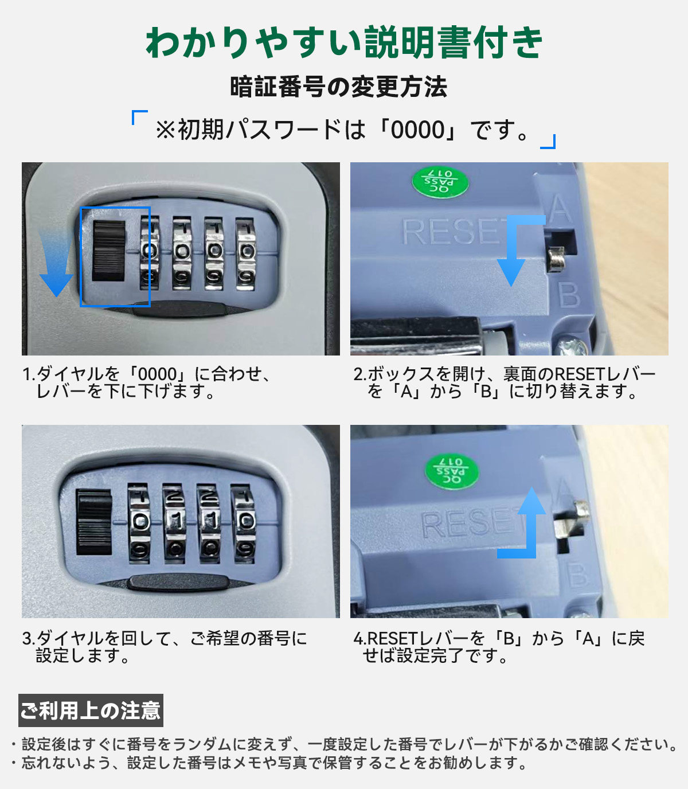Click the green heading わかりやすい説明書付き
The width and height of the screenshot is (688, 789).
(x=344, y=42)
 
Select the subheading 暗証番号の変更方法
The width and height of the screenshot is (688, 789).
(x=338, y=87)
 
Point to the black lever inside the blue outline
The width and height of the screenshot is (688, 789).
(x=109, y=251)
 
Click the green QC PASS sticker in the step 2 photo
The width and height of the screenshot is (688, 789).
(x=440, y=182)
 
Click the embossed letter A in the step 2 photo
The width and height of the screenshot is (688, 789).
(x=560, y=208)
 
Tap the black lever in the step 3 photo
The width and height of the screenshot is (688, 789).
(x=94, y=522)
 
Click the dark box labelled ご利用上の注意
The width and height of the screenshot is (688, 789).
(x=91, y=710)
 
